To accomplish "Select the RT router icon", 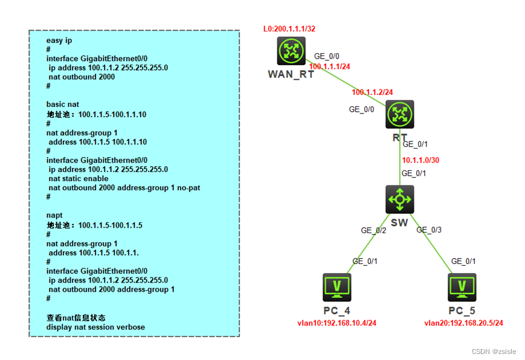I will click(x=399, y=114).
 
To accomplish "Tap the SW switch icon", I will click(x=399, y=199).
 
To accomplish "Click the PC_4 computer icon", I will click(x=337, y=288).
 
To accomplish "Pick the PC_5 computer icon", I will click(x=462, y=288).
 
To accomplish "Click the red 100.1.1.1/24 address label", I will click(x=330, y=66).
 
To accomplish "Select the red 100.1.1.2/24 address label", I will click(x=373, y=92).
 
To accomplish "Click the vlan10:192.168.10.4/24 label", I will click(x=337, y=323).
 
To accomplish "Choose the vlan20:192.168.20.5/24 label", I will click(x=463, y=323).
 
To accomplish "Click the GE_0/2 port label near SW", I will click(x=373, y=230).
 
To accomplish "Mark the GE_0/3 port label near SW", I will click(x=429, y=230).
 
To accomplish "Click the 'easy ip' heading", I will click(x=59, y=41).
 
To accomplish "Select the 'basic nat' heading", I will click(x=63, y=104).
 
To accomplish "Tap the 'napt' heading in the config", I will click(x=55, y=215).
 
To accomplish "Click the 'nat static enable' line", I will click(x=79, y=179).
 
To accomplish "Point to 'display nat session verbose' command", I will click(x=95, y=327).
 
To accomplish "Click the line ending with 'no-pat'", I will click(x=124, y=188).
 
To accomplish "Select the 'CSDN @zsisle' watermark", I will click(x=492, y=351).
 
